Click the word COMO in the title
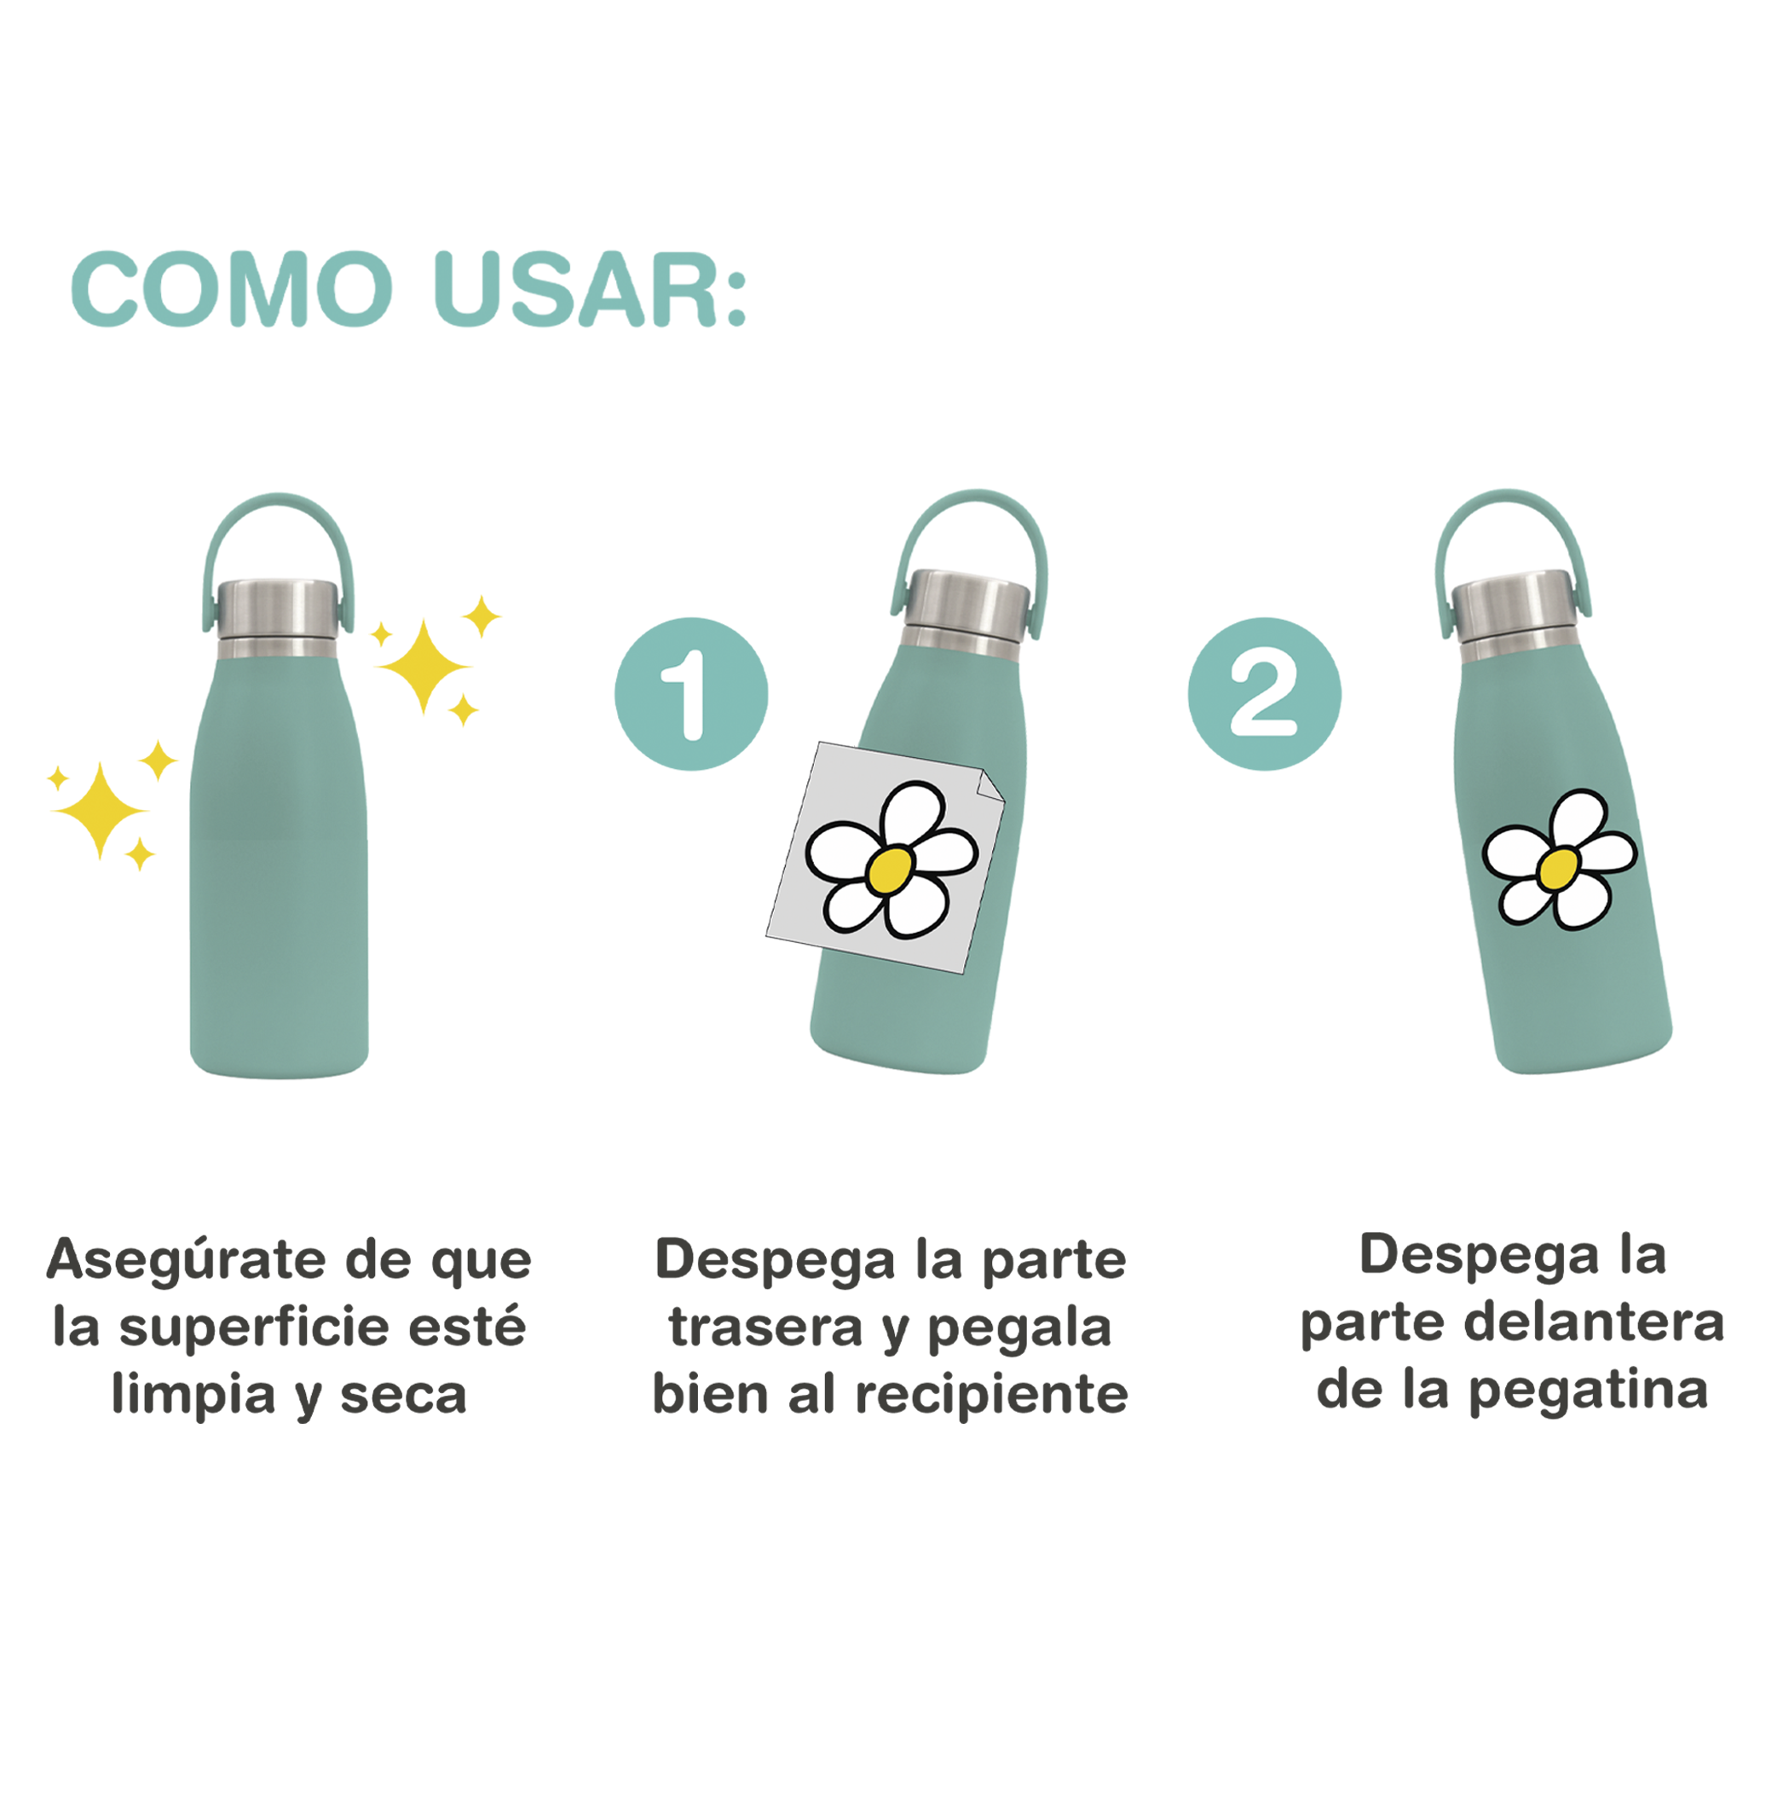232,289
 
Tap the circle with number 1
691,693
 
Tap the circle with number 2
1265,693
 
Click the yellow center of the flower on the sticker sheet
891,870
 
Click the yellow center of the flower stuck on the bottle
1558,868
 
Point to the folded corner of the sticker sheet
990,784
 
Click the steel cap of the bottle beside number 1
966,612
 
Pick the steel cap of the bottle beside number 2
1515,616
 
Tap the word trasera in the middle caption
766,1327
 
